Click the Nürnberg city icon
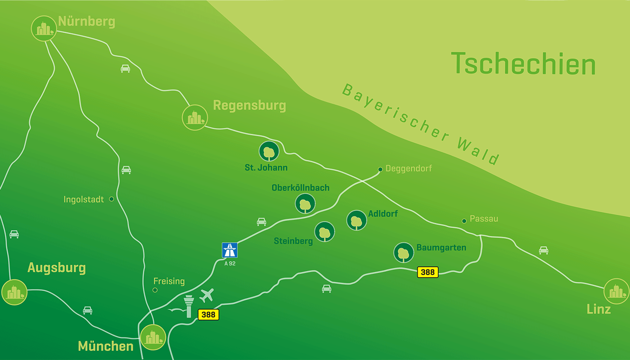44,28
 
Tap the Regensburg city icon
195,117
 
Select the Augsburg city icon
14,292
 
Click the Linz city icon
616,292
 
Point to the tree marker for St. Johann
269,152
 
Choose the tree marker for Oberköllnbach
306,204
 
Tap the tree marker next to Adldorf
356,220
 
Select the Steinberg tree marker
324,232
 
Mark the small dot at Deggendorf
380,169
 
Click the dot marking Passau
464,220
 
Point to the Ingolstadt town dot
112,199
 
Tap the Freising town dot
155,290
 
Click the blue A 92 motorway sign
229,250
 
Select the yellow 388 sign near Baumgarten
427,272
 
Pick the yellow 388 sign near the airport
208,315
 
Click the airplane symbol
207,296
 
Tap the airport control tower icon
189,306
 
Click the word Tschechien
523,63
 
